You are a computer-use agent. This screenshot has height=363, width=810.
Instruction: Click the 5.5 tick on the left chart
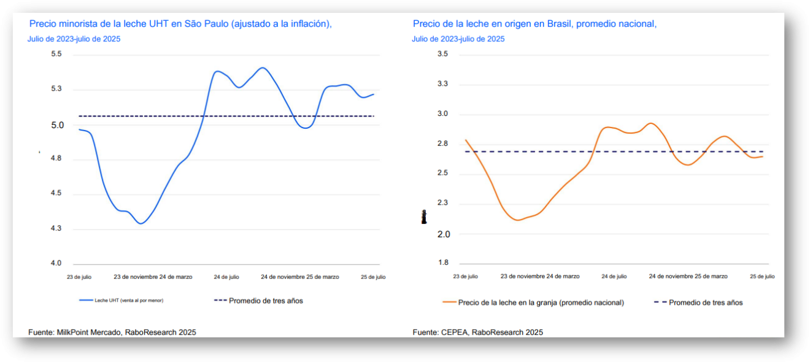click(56, 55)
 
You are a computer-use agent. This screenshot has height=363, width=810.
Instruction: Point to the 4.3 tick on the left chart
click(56, 229)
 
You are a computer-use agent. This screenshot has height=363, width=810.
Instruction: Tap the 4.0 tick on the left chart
click(56, 264)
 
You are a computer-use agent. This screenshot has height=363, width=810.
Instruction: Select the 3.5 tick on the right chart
click(442, 55)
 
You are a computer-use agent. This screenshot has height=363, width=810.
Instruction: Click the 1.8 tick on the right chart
click(442, 263)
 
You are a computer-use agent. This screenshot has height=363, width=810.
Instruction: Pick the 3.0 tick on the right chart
click(442, 114)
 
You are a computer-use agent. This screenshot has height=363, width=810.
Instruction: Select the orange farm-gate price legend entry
click(541, 302)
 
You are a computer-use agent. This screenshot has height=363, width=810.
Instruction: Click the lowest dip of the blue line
click(141, 223)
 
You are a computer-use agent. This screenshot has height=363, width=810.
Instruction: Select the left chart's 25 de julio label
click(373, 277)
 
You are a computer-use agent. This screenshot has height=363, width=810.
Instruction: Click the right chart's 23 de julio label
click(465, 277)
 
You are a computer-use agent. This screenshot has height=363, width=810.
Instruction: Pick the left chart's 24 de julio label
click(226, 277)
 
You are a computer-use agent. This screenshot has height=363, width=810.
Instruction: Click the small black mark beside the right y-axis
click(423, 216)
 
